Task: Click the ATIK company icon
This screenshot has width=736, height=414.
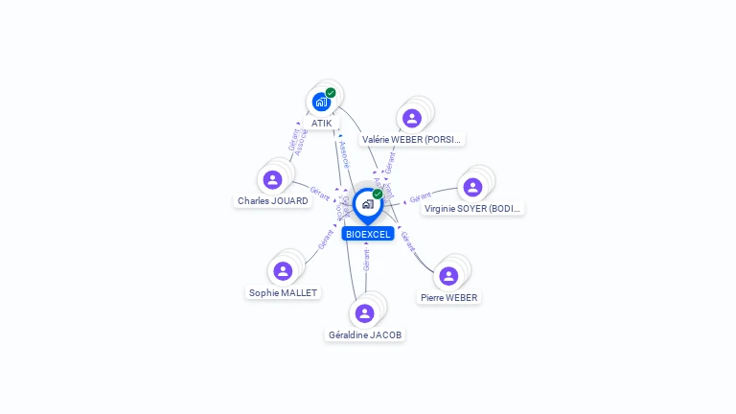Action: click(x=321, y=102)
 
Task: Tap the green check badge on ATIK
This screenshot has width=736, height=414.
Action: click(x=331, y=93)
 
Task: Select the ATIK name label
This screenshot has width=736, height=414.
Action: click(x=321, y=124)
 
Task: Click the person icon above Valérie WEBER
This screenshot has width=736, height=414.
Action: click(x=412, y=118)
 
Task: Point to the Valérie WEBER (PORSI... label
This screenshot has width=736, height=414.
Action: click(x=412, y=139)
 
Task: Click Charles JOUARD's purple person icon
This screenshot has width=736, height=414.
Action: click(x=273, y=179)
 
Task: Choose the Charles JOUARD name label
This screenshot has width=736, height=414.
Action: click(x=273, y=201)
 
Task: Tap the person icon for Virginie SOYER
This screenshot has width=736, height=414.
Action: click(x=472, y=187)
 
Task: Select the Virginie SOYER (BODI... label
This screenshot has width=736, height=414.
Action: click(x=473, y=208)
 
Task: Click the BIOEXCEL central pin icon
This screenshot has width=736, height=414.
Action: click(x=367, y=204)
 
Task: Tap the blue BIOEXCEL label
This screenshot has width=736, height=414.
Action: click(x=368, y=234)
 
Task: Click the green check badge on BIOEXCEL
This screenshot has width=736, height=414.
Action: click(x=378, y=194)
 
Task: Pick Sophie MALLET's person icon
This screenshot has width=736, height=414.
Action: click(x=283, y=271)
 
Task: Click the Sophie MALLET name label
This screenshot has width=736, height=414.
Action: click(x=283, y=292)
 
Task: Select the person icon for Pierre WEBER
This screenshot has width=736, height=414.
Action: click(x=448, y=276)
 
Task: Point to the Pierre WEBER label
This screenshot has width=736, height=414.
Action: click(x=448, y=297)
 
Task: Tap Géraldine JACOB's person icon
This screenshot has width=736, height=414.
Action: click(x=364, y=313)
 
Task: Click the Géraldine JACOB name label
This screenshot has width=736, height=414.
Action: click(x=364, y=334)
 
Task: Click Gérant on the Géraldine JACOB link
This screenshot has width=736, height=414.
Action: click(x=366, y=259)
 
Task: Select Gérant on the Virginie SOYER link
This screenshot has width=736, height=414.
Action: click(x=421, y=198)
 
